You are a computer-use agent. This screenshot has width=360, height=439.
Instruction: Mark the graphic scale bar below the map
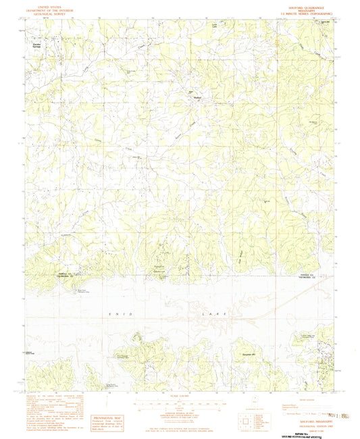tap(181, 406)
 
